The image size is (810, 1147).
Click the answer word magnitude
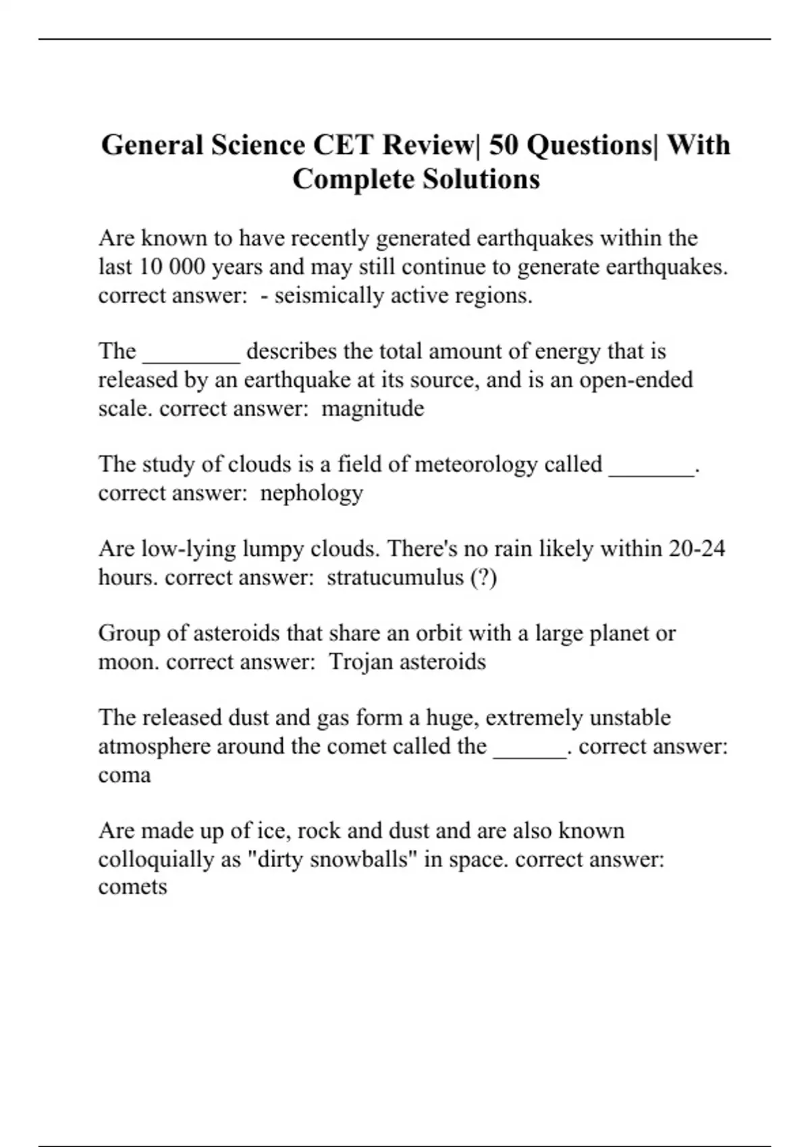373,408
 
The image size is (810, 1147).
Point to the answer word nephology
312,493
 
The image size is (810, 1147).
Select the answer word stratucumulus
395,578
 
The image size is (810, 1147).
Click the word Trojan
360,661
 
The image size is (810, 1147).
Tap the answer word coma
124,775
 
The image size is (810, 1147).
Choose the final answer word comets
132,887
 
